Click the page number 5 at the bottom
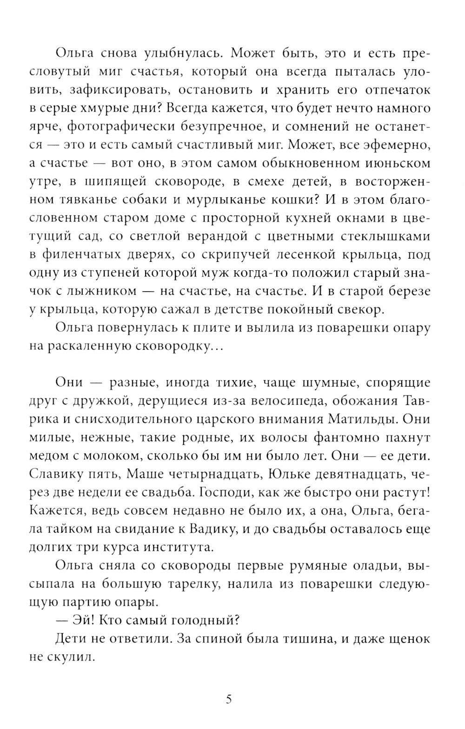(228, 699)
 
